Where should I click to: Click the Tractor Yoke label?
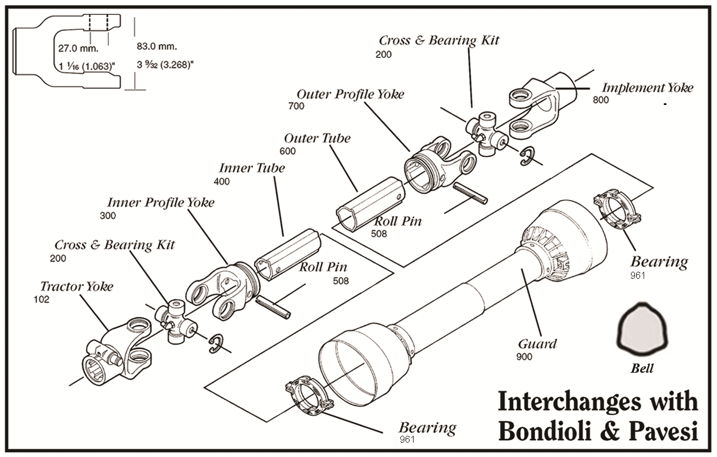77,286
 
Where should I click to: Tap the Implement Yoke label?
647,88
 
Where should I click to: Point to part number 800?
601,100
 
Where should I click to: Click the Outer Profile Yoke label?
350,94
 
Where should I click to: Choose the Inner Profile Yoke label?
161,202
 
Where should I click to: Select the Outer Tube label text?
317,138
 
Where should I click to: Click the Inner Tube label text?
252,168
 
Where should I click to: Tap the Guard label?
537,344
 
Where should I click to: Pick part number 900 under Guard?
524,357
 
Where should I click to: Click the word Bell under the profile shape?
642,369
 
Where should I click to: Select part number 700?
297,106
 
